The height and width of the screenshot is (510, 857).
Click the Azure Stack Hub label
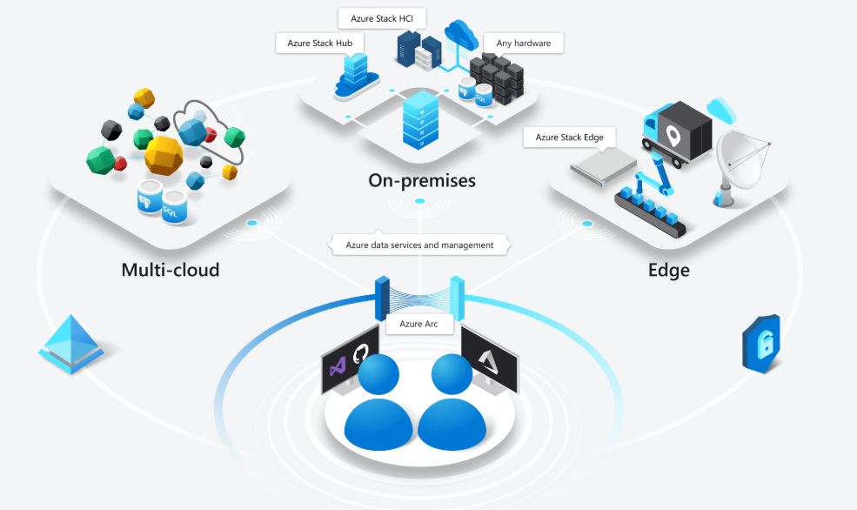319,43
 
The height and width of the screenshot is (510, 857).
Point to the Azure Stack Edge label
569,137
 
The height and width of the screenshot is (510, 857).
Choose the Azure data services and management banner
418,245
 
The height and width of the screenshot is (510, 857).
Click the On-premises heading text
420,181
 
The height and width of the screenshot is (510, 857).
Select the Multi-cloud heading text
171,270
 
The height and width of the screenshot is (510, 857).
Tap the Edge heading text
668,270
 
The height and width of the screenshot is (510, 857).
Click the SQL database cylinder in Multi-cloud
174,205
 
